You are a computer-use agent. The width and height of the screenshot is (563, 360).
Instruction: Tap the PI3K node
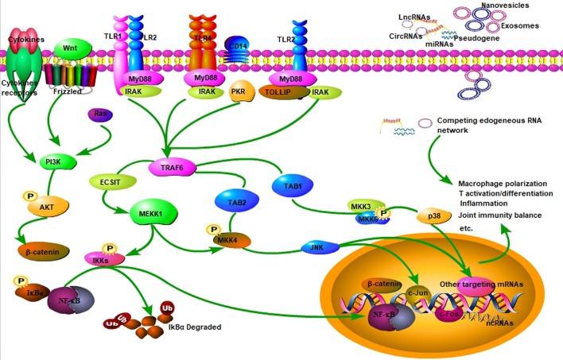(54, 163)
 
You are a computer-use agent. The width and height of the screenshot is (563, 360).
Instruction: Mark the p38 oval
(434, 217)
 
